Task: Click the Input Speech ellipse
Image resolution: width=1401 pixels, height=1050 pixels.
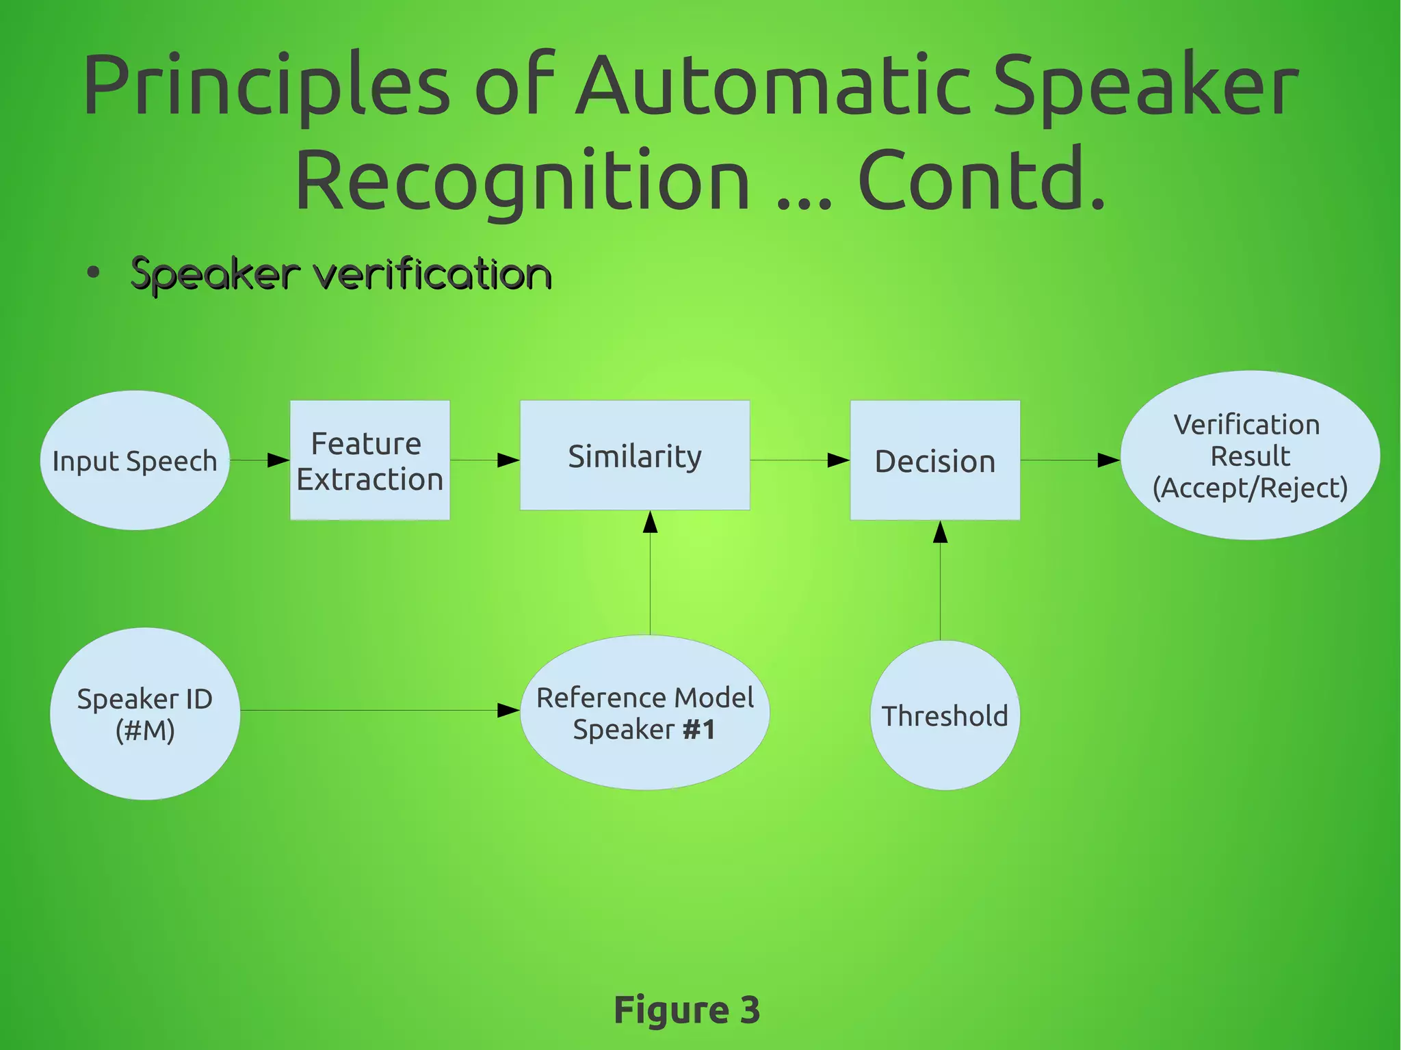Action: pyautogui.click(x=135, y=460)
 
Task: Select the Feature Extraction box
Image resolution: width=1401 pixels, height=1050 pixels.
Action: pyautogui.click(x=370, y=460)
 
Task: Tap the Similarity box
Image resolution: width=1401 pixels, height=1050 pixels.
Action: pyautogui.click(x=635, y=456)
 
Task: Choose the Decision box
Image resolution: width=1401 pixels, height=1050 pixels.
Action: pyautogui.click(x=934, y=460)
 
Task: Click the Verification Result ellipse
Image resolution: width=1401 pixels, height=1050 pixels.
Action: pyautogui.click(x=1250, y=456)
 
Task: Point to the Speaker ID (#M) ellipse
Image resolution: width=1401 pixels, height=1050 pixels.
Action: pyautogui.click(x=145, y=713)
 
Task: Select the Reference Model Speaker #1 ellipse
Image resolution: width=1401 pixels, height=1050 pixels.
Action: pyautogui.click(x=645, y=713)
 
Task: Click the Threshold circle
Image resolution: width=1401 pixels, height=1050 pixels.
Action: pyautogui.click(x=945, y=716)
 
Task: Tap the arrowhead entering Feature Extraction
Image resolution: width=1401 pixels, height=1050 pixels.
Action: pyautogui.click(x=278, y=460)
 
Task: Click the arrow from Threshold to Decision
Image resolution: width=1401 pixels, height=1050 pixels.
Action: pyautogui.click(x=941, y=581)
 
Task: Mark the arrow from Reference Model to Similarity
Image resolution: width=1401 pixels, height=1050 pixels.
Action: pyautogui.click(x=651, y=575)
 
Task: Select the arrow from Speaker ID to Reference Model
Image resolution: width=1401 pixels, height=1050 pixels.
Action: pyautogui.click(x=376, y=711)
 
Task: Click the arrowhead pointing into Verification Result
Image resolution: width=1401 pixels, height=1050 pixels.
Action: pyautogui.click(x=1108, y=460)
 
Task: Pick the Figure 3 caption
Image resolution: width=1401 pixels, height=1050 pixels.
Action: pyautogui.click(x=687, y=1010)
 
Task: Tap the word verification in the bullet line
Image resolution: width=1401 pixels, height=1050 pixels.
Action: pyautogui.click(x=432, y=275)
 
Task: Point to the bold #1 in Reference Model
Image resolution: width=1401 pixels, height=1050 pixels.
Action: pyautogui.click(x=699, y=730)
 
